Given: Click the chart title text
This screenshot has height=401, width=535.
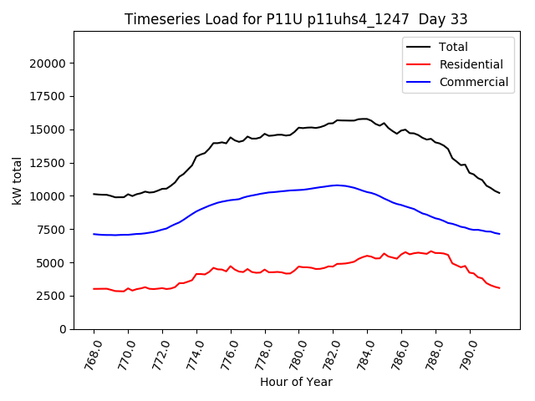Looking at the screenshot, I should [296, 19].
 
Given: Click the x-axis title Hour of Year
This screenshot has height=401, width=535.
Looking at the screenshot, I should [296, 382].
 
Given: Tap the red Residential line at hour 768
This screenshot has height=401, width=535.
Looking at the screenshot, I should [94, 289].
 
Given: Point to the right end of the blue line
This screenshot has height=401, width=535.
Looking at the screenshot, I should [500, 234].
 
